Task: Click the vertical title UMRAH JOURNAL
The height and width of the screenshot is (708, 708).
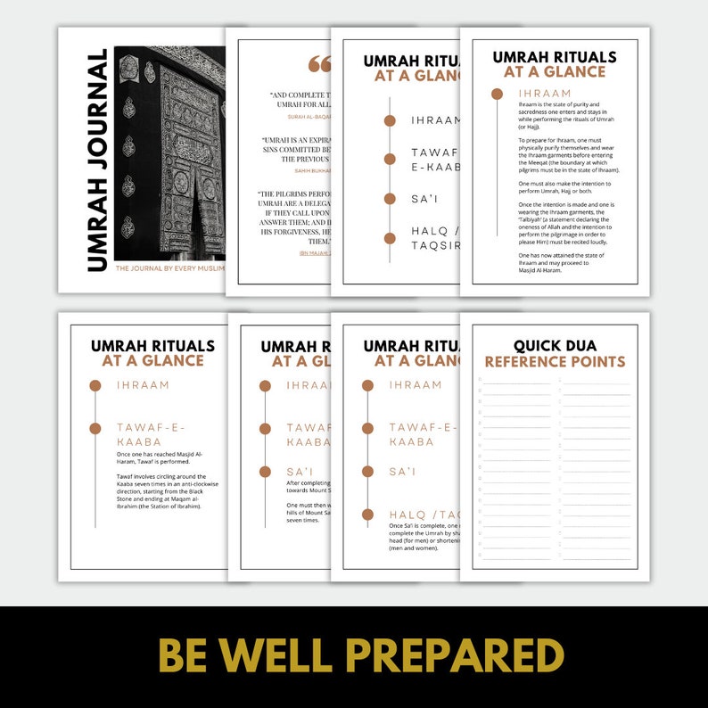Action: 97,161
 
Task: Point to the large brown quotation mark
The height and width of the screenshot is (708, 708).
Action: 318,64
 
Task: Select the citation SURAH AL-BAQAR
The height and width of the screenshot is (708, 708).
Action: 309,117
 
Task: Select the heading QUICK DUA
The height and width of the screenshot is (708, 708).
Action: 555,345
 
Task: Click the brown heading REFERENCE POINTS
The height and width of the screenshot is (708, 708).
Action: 555,362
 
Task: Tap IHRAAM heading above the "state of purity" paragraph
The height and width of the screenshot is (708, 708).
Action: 544,93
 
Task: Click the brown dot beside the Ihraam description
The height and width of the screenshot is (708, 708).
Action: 497,93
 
